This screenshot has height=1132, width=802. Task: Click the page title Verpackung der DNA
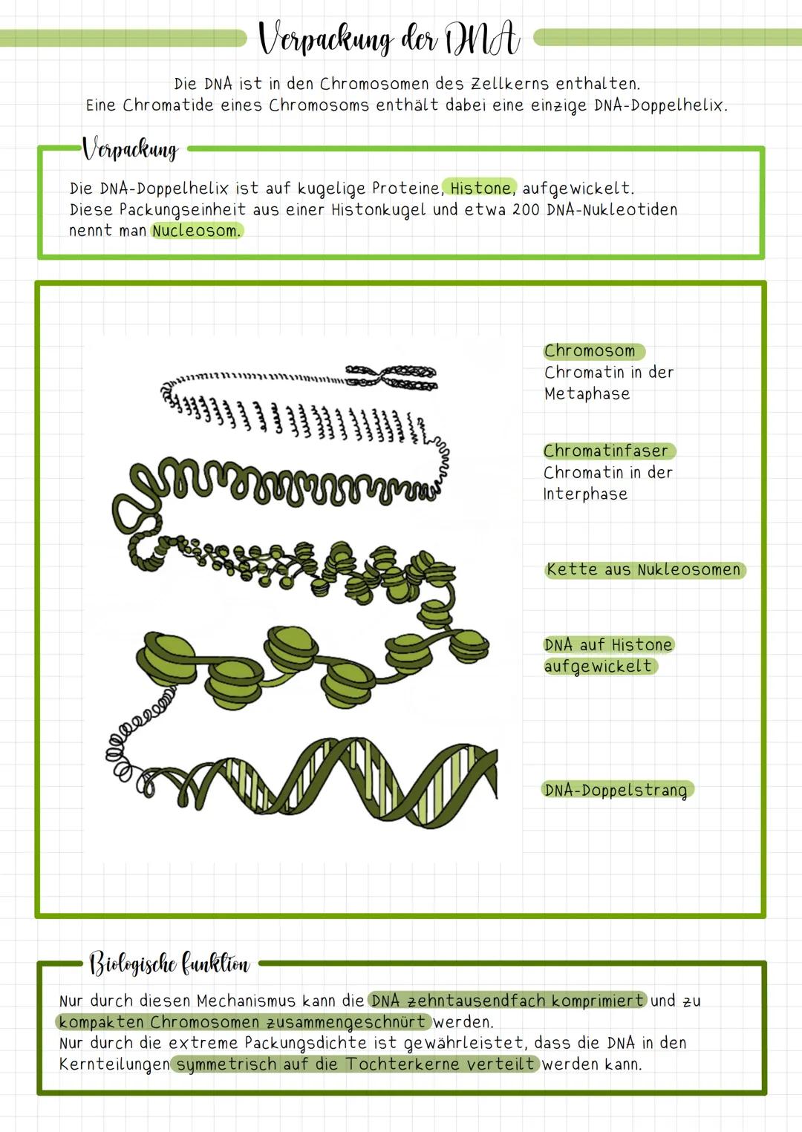pyautogui.click(x=389, y=39)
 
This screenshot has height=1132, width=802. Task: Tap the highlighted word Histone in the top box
pyautogui.click(x=480, y=188)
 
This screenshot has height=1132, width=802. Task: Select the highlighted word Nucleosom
pyautogui.click(x=196, y=231)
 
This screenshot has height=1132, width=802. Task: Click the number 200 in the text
pyautogui.click(x=525, y=209)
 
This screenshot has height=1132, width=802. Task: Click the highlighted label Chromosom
pyautogui.click(x=591, y=350)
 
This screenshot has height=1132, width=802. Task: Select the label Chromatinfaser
pyautogui.click(x=606, y=451)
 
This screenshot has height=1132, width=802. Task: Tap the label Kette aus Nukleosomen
pyautogui.click(x=644, y=569)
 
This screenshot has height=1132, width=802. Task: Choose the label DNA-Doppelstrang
pyautogui.click(x=616, y=790)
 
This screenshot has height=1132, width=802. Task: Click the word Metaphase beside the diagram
pyautogui.click(x=587, y=393)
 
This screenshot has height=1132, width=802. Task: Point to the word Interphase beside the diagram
pyautogui.click(x=585, y=494)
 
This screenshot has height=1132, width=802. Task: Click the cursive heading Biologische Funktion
pyautogui.click(x=169, y=963)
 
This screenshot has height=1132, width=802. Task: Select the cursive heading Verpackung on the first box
pyautogui.click(x=131, y=149)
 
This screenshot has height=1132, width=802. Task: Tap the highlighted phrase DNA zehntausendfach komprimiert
pyautogui.click(x=507, y=1001)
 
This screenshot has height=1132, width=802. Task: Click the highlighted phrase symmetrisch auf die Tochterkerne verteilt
pyautogui.click(x=355, y=1064)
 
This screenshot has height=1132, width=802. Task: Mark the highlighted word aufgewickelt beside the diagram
pyautogui.click(x=599, y=666)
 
